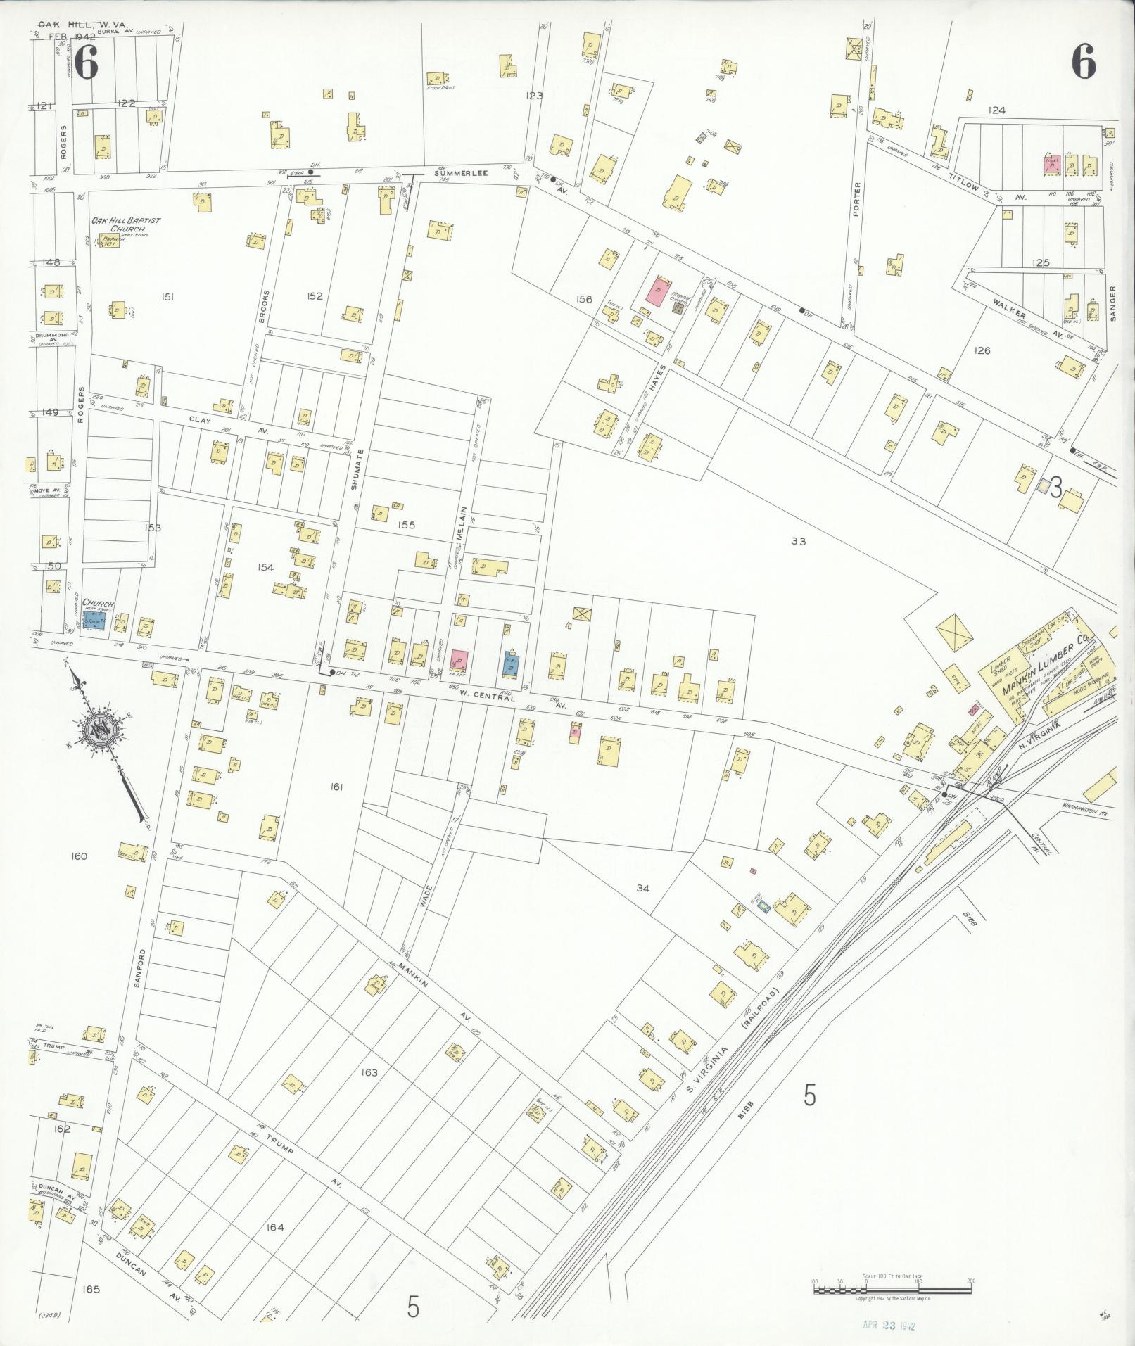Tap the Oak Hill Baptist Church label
pyautogui.click(x=125, y=224)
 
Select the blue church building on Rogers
pyautogui.click(x=94, y=619)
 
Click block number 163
pyautogui.click(x=369, y=1072)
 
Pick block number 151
pyautogui.click(x=167, y=297)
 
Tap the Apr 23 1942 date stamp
pyautogui.click(x=889, y=1324)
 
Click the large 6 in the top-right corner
pyautogui.click(x=1084, y=64)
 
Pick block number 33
pyautogui.click(x=798, y=541)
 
